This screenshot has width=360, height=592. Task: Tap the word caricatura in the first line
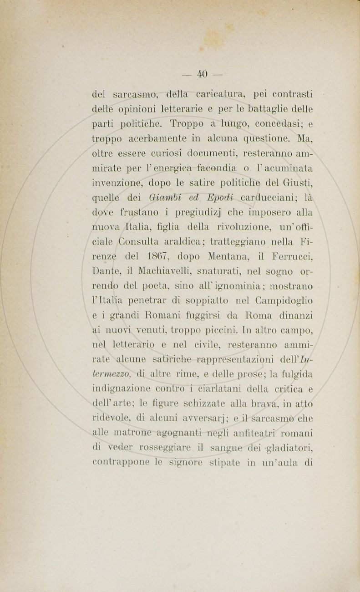point(213,96)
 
